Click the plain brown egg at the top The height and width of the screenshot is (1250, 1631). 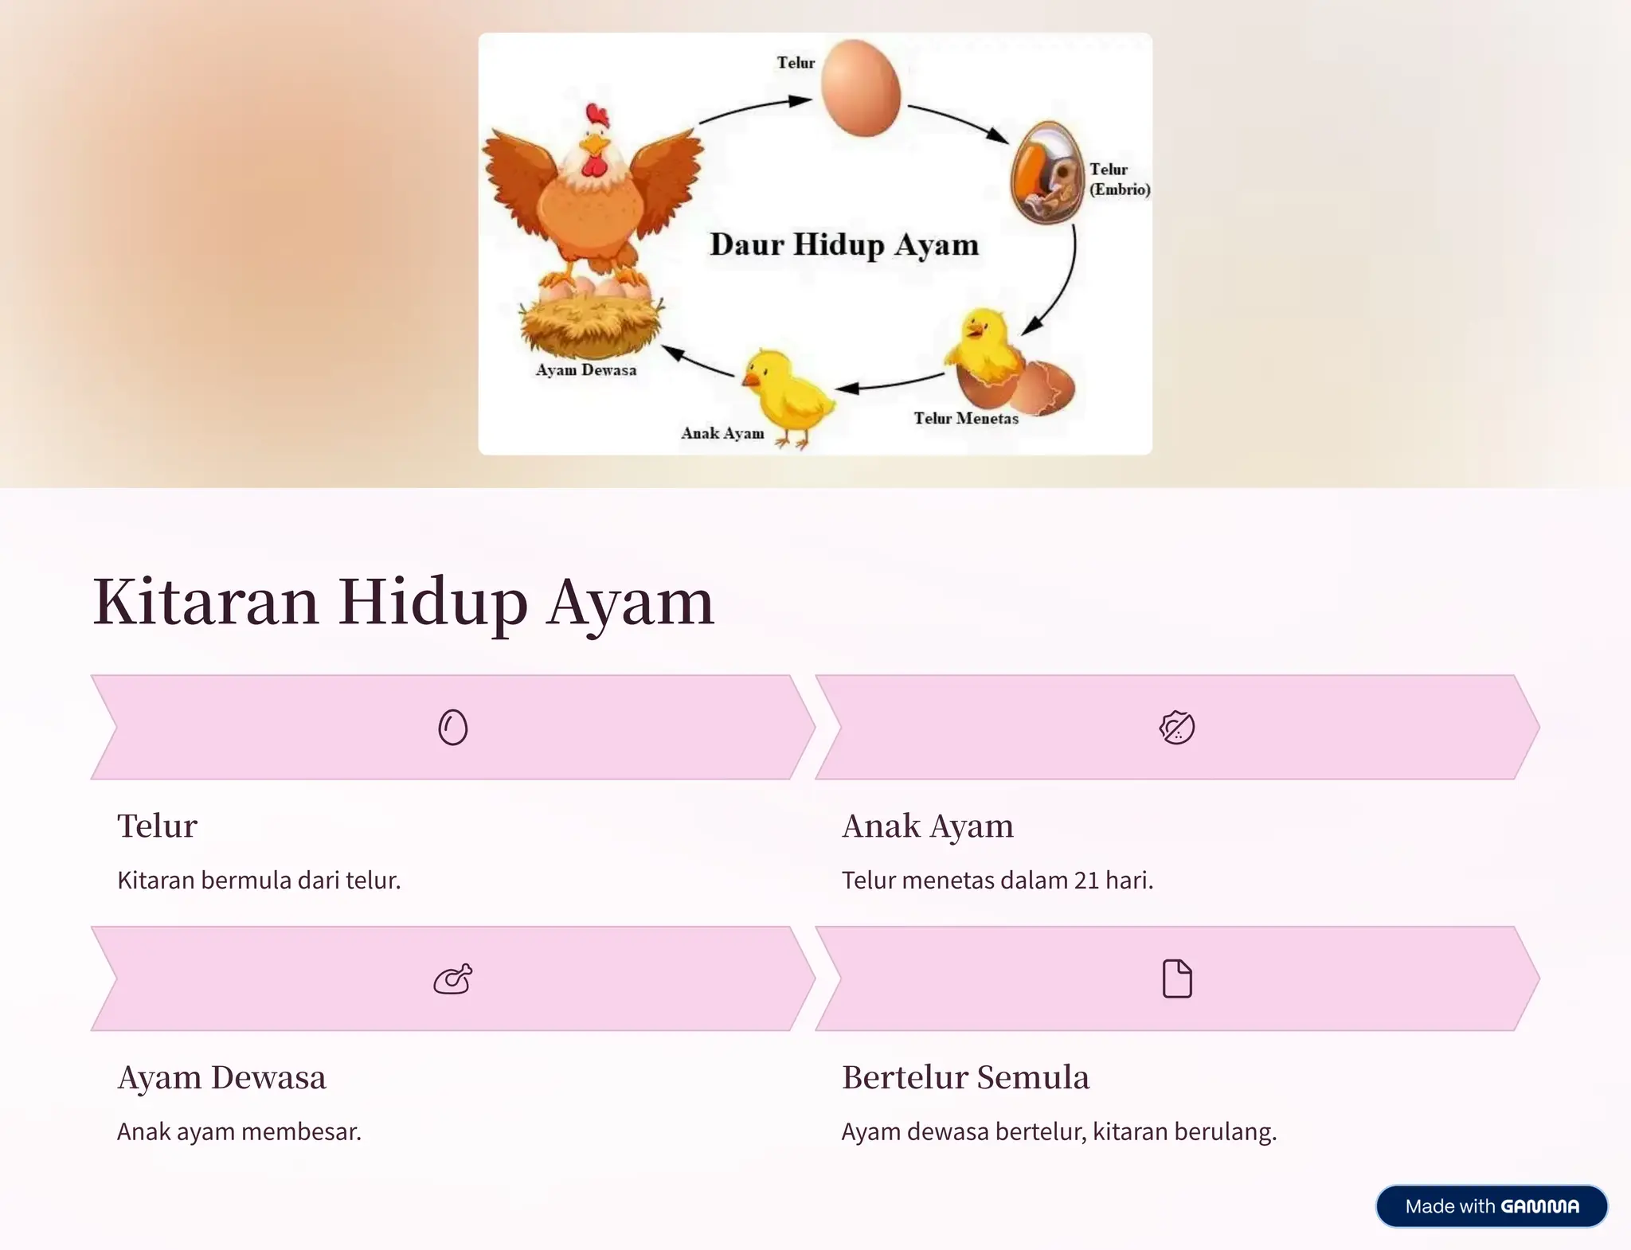(x=861, y=88)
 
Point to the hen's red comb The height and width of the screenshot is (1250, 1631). (x=596, y=116)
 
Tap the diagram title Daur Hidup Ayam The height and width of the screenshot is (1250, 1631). (x=844, y=244)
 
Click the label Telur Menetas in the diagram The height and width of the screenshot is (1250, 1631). (x=965, y=419)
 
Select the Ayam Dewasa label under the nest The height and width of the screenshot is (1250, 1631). (x=586, y=370)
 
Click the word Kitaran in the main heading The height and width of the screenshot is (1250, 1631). (x=206, y=603)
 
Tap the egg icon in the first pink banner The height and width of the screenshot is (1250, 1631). (x=453, y=727)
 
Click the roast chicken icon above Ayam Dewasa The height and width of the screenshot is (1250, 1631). (x=453, y=979)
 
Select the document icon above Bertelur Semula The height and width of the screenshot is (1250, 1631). (x=1177, y=979)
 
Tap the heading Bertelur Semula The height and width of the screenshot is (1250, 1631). (x=965, y=1077)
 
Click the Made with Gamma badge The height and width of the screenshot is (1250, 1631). (x=1491, y=1206)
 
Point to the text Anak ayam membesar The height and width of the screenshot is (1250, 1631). (x=239, y=1131)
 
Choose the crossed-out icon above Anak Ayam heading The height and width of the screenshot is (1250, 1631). (x=1177, y=727)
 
